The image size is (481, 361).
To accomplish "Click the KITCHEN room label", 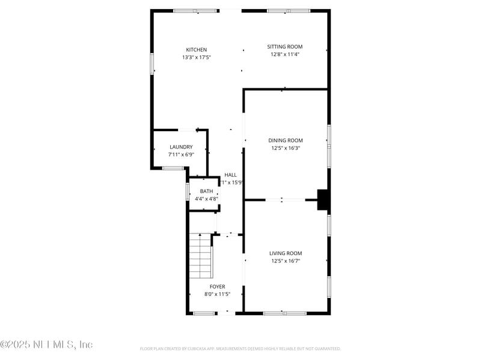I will pyautogui.click(x=197, y=49).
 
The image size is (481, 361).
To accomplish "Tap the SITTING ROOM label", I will pyautogui.click(x=285, y=46).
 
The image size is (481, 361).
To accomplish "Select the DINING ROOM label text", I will pyautogui.click(x=286, y=140).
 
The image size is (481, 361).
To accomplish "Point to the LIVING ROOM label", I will pyautogui.click(x=286, y=253).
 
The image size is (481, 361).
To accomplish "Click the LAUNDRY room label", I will pyautogui.click(x=181, y=147).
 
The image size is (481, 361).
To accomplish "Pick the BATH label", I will pyautogui.click(x=206, y=191).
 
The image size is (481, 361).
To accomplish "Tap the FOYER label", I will pyautogui.click(x=217, y=286).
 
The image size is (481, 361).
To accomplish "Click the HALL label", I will pyautogui.click(x=230, y=175).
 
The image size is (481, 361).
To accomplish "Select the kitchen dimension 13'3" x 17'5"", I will pyautogui.click(x=197, y=57).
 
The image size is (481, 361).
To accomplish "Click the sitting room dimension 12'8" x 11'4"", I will pyautogui.click(x=285, y=54).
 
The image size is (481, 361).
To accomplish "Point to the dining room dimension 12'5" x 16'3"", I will pyautogui.click(x=286, y=148).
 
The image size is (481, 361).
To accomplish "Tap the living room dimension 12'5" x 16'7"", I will pyautogui.click(x=286, y=261).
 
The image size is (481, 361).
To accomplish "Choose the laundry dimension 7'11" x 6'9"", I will pyautogui.click(x=181, y=155).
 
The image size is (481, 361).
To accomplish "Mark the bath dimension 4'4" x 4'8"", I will pyautogui.click(x=206, y=199).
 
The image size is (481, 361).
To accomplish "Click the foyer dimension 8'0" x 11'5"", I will pyautogui.click(x=217, y=294).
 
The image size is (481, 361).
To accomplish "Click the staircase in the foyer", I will pyautogui.click(x=201, y=256).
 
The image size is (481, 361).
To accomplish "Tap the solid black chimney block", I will pyautogui.click(x=323, y=199).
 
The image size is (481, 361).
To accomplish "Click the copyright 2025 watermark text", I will pyautogui.click(x=46, y=345).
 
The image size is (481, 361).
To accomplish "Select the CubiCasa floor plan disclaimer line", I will pyautogui.click(x=240, y=348).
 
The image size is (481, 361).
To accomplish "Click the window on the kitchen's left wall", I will pyautogui.click(x=152, y=63).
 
